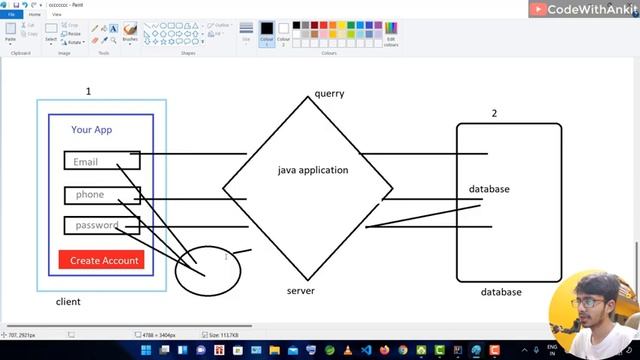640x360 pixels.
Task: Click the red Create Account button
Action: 105,260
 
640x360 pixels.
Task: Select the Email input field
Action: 101,161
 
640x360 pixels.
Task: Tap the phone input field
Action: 101,194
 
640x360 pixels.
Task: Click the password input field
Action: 101,225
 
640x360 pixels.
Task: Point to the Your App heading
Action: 91,130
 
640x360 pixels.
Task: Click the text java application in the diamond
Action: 313,170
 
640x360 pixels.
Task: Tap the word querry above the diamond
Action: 329,94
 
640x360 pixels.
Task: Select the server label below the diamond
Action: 300,291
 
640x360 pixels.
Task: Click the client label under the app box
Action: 68,301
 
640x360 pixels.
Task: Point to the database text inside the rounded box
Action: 489,189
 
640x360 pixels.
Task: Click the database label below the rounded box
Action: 501,292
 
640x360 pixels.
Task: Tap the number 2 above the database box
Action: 493,113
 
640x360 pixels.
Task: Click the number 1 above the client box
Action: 88,91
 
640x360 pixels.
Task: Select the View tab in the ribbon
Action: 56,15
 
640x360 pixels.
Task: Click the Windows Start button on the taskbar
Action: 147,351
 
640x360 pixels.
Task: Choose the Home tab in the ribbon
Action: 34,15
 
